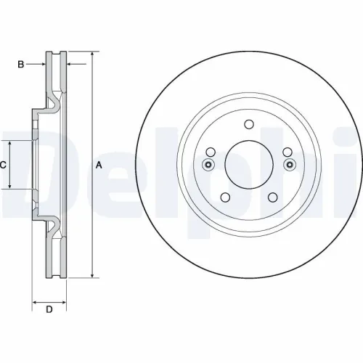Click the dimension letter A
[x=99, y=166]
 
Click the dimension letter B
[x=22, y=65]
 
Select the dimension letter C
[x=4, y=166]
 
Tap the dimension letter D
[x=49, y=311]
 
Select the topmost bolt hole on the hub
[x=248, y=123]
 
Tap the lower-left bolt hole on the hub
[x=224, y=197]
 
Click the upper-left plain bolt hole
[x=211, y=152]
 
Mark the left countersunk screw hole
[x=208, y=164]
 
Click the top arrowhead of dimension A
[x=93, y=55]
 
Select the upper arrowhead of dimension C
[x=10, y=143]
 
